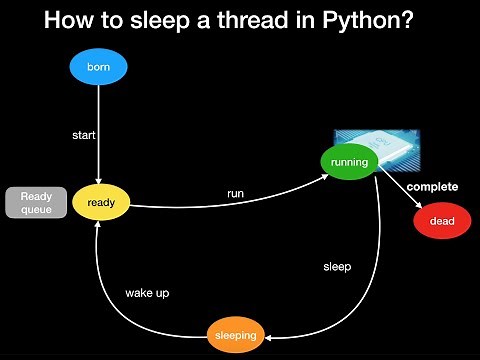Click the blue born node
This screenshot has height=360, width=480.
(98, 68)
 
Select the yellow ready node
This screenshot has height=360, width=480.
(101, 203)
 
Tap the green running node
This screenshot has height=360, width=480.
(348, 161)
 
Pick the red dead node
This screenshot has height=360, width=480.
(442, 220)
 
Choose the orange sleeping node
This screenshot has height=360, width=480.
(236, 334)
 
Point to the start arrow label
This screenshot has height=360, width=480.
(83, 134)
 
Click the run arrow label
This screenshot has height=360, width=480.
(235, 192)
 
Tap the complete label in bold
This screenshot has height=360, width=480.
(431, 187)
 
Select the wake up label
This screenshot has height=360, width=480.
(147, 293)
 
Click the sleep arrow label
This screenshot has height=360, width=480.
(337, 267)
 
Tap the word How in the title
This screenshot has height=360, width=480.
(68, 19)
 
